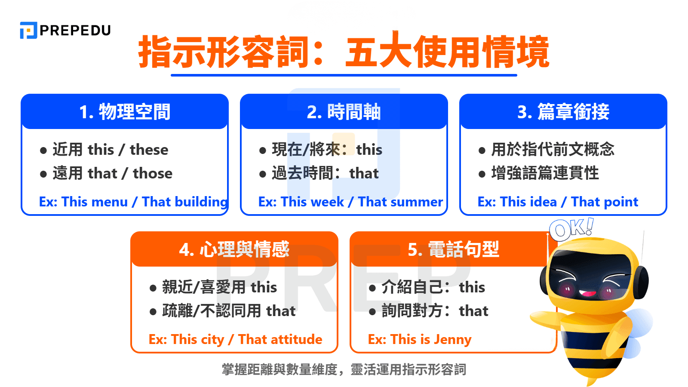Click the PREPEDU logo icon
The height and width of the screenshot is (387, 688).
[x=28, y=30]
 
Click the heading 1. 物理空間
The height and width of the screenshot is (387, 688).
[x=125, y=112]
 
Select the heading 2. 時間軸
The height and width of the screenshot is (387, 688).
[x=344, y=112]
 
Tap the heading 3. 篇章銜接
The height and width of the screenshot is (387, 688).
[x=563, y=112]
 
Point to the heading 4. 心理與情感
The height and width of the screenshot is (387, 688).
[x=234, y=249]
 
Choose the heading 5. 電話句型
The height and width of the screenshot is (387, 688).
[x=453, y=249]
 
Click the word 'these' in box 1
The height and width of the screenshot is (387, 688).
[x=149, y=150]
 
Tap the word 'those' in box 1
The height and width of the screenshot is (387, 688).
[x=152, y=173]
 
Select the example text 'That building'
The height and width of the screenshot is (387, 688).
[x=185, y=202]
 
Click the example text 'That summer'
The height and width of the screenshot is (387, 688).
[x=400, y=202]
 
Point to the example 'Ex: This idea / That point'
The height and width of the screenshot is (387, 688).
[x=558, y=202]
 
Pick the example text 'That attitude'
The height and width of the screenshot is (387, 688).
[x=280, y=339]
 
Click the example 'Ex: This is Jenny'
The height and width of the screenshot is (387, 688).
[x=420, y=339]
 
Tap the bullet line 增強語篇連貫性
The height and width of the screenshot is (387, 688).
[x=544, y=173]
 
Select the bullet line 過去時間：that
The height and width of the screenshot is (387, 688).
[x=325, y=173]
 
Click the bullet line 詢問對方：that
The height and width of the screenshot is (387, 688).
[x=435, y=311]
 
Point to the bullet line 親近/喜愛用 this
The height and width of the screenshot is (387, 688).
[x=219, y=287]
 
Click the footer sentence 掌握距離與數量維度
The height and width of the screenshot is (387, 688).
[x=279, y=369]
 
